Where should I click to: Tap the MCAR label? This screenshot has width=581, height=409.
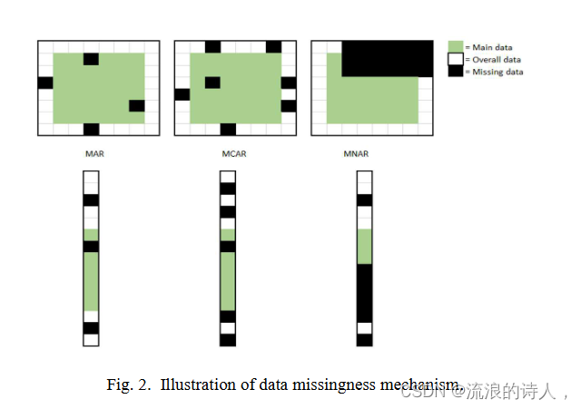[x=234, y=153]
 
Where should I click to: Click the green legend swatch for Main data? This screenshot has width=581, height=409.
[x=456, y=46]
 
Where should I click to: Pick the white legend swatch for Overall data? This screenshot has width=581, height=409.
[x=456, y=59]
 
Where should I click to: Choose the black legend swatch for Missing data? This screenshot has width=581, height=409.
[x=456, y=71]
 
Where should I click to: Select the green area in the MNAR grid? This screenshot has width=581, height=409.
[x=372, y=99]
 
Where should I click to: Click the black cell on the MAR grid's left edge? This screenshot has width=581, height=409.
[x=45, y=83]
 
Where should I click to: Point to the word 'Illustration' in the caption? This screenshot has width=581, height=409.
[x=193, y=385]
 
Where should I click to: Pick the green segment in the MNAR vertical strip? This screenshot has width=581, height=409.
[x=364, y=246]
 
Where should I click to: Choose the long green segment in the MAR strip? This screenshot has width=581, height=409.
[x=91, y=281]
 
